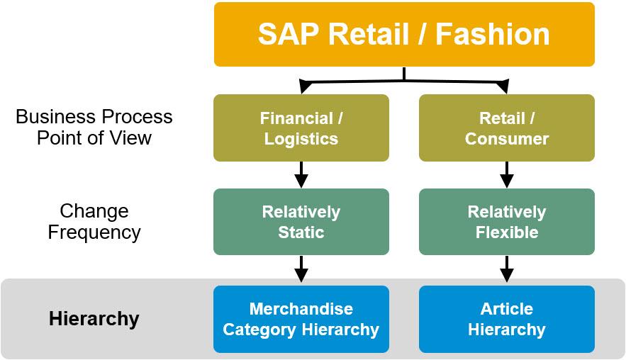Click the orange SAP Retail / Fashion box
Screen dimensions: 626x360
[404, 34]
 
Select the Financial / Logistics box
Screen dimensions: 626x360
[301, 128]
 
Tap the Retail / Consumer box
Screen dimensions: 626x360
[507, 128]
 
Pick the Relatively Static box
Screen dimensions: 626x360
[301, 222]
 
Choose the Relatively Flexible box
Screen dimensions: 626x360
[507, 222]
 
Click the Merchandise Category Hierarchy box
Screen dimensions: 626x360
[301, 320]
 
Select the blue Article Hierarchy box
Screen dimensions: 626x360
[507, 320]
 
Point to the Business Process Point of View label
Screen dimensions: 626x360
[94, 128]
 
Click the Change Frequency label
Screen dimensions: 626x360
[94, 222]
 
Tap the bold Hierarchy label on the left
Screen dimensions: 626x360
[94, 319]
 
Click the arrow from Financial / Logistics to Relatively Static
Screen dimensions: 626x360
[301, 175]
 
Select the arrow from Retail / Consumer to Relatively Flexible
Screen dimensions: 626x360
[507, 175]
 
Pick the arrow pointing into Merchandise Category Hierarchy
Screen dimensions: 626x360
[301, 269]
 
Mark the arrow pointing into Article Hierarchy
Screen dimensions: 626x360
[507, 269]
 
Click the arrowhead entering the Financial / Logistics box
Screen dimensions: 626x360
[305, 86]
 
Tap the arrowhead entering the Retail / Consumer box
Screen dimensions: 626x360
[503, 86]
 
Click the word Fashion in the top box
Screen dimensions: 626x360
[492, 34]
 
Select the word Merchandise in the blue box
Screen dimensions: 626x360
[301, 309]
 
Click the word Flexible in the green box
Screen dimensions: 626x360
[507, 232]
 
